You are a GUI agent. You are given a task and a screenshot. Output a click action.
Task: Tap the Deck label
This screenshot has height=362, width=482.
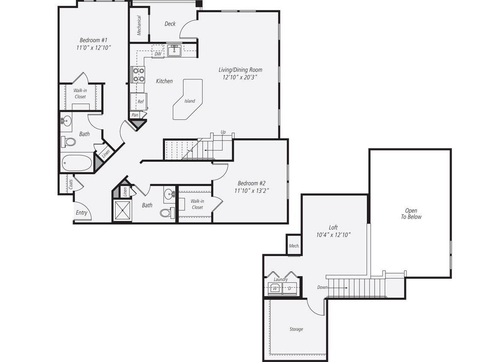[x=170, y=24]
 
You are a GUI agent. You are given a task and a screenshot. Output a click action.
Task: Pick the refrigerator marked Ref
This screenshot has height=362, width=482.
[x=140, y=102]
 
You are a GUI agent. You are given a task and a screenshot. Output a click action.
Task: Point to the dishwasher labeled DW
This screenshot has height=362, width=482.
[x=158, y=54]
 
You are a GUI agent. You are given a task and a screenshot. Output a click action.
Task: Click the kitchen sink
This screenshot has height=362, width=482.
[x=174, y=51]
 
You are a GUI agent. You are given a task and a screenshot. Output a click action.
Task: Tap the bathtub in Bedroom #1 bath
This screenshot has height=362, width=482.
[x=77, y=163]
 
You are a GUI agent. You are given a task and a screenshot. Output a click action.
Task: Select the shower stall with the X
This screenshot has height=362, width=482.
[x=123, y=211]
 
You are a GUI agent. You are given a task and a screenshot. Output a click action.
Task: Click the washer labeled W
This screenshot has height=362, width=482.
[x=275, y=288]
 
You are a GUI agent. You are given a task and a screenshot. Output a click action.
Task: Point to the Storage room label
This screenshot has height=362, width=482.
[x=296, y=329]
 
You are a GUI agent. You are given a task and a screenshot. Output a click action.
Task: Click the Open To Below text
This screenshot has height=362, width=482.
[x=413, y=214]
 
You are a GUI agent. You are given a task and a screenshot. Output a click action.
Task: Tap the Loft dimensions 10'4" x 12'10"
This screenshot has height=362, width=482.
[x=333, y=235]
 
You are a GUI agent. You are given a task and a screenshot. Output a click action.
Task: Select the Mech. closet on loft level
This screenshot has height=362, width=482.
[x=294, y=246]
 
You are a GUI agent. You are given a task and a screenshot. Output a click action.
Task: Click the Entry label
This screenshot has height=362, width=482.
[x=81, y=213]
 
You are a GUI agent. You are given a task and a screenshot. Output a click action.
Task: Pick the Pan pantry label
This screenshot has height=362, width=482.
[x=135, y=115]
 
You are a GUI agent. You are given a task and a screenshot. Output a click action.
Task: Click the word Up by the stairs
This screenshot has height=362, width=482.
[x=223, y=132]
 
